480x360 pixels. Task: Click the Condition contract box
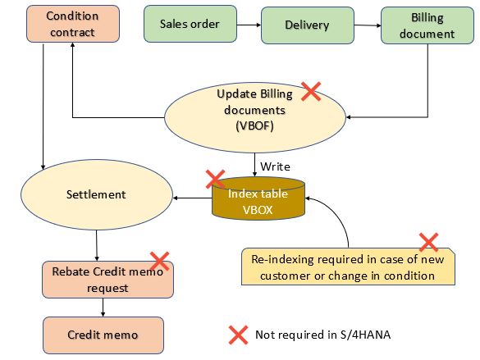point(73,24)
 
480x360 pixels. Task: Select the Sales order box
point(190,24)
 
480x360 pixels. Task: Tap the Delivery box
point(308,25)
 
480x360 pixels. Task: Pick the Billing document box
point(427,25)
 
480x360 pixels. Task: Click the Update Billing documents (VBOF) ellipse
point(254,117)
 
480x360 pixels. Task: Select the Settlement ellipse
point(97,194)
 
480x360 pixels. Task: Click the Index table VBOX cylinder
point(258,198)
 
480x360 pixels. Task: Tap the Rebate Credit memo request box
point(107,280)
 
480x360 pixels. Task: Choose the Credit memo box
point(103,335)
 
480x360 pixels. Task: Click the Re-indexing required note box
point(348,267)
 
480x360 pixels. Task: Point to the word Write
point(275,166)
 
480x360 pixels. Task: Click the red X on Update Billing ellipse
point(311,91)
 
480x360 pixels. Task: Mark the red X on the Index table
point(216,180)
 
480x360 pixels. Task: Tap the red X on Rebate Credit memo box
point(159,262)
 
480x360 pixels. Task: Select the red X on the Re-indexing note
point(428,242)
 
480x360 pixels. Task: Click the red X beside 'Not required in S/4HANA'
point(239,335)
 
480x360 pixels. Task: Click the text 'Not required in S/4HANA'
point(323,335)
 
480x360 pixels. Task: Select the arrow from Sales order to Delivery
point(249,25)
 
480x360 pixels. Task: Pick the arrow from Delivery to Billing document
point(368,25)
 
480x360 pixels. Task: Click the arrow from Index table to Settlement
point(192,198)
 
